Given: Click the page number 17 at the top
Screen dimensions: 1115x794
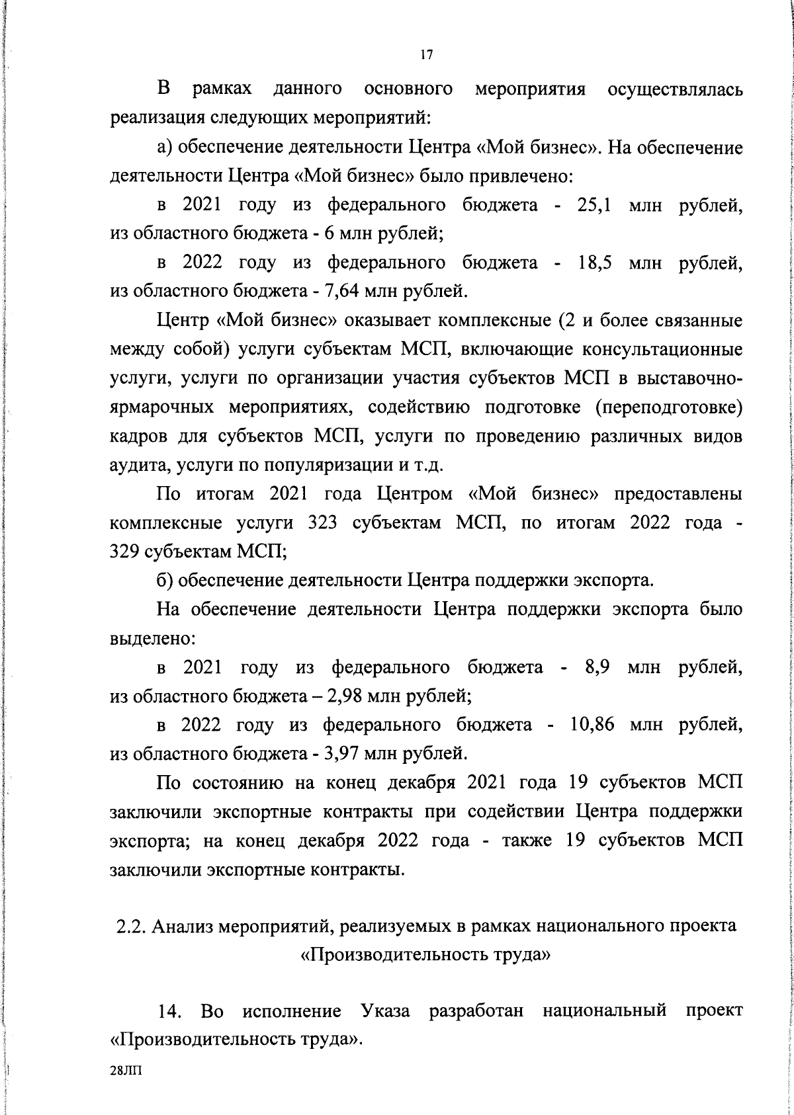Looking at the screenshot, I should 425,56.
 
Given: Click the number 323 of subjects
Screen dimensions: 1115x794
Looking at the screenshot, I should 324,523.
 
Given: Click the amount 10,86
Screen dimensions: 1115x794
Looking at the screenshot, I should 592,725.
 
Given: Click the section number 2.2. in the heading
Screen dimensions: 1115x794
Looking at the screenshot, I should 130,927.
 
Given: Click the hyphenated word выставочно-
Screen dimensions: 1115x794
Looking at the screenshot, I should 689,379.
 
